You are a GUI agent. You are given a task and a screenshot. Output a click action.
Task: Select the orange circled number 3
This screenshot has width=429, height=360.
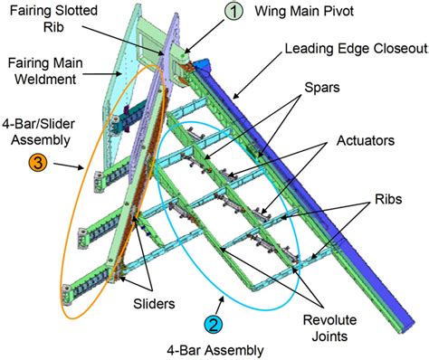click(41, 165)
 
